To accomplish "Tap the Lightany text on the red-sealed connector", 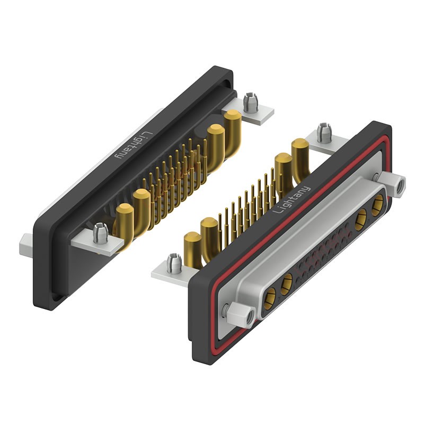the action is point(291,200).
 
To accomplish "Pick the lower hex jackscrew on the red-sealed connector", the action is point(241,315).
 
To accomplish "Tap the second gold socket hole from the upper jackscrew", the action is point(361,219).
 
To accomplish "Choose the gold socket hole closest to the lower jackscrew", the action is point(269,299).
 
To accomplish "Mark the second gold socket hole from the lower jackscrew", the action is point(286,285).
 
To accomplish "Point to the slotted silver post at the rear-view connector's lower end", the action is point(101,233).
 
